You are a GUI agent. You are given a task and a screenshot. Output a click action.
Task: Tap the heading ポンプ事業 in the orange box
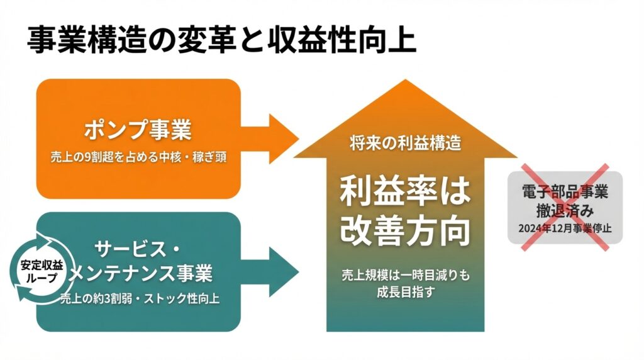(x=138, y=131)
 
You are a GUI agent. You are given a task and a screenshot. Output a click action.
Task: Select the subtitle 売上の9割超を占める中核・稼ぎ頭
(x=138, y=157)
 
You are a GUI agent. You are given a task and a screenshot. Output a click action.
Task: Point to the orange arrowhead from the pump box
(x=284, y=135)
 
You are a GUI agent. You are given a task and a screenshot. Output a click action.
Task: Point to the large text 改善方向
(x=405, y=232)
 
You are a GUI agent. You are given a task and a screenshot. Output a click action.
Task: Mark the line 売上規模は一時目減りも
(x=406, y=276)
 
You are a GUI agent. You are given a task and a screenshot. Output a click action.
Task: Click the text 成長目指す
(x=406, y=293)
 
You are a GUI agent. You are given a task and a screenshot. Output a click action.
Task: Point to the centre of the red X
(x=565, y=208)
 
